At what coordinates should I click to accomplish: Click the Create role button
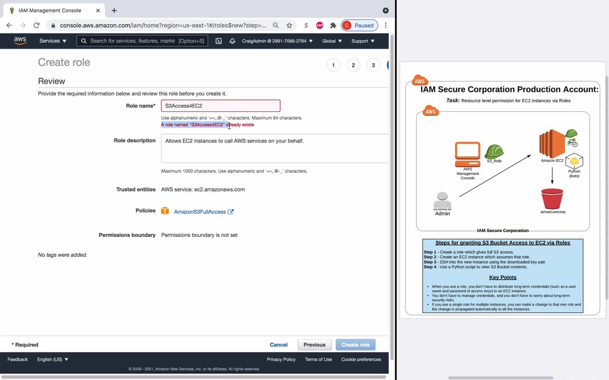click(x=355, y=345)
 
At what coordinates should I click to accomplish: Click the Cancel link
click(x=279, y=345)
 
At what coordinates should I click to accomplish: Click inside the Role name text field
click(x=220, y=106)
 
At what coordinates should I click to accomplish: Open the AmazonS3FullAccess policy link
click(x=200, y=212)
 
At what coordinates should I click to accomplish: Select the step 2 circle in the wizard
click(x=353, y=65)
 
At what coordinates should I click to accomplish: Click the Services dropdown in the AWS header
click(x=53, y=41)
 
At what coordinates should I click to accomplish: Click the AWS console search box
click(x=142, y=41)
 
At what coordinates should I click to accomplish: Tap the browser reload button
click(x=36, y=25)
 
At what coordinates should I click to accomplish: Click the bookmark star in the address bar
click(x=289, y=25)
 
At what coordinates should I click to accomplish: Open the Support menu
click(x=363, y=41)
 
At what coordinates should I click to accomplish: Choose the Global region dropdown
click(x=331, y=41)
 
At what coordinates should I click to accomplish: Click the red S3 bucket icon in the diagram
click(x=552, y=198)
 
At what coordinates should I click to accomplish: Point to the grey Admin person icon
click(x=442, y=201)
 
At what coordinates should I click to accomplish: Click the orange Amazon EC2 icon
click(x=551, y=144)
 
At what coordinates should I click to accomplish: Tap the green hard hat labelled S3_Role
click(x=494, y=151)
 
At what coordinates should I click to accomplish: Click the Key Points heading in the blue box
click(x=503, y=277)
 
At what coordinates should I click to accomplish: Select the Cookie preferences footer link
click(x=361, y=359)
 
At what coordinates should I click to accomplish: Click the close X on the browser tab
click(x=98, y=11)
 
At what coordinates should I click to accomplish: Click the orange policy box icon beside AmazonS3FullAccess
click(x=165, y=211)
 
